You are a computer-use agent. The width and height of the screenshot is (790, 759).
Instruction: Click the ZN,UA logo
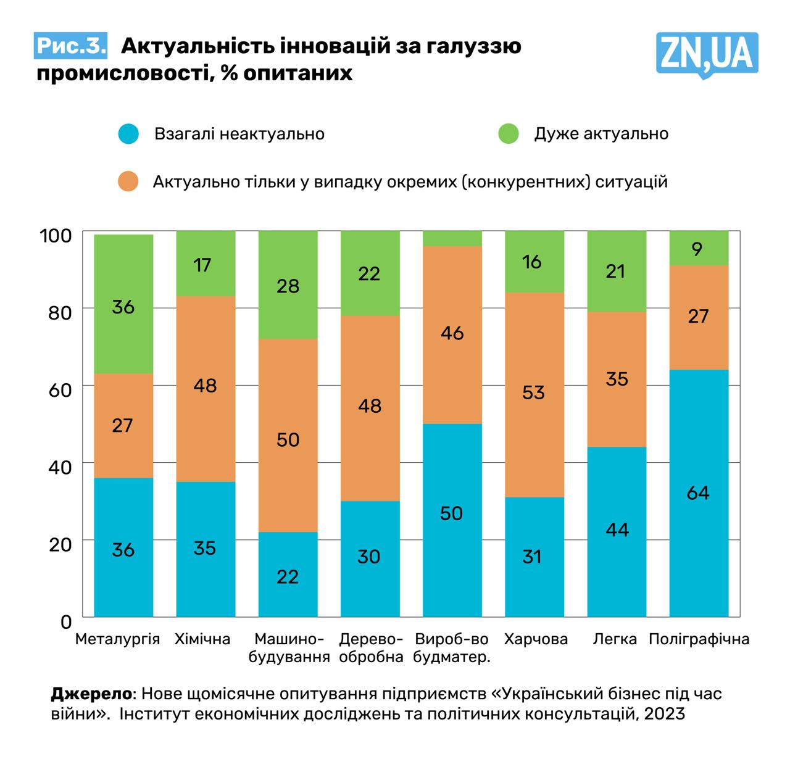click(x=707, y=54)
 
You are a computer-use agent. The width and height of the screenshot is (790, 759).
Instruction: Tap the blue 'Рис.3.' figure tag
click(x=70, y=46)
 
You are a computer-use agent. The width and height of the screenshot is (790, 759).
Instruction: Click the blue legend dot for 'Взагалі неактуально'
click(x=128, y=134)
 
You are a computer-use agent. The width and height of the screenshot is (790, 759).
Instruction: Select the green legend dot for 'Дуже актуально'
click(x=509, y=134)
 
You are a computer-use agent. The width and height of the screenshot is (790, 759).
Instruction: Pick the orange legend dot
click(x=128, y=182)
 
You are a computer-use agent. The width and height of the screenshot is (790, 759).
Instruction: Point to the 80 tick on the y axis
click(x=60, y=312)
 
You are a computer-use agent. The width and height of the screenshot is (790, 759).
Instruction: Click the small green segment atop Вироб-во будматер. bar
click(x=452, y=239)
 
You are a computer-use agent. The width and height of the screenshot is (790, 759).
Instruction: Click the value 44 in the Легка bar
click(x=617, y=529)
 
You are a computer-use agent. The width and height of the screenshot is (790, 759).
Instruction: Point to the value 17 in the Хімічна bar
click(x=202, y=265)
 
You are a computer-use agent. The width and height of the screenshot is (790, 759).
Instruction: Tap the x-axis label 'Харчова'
click(x=536, y=639)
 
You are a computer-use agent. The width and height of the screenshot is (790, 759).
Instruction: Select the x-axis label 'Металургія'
click(x=117, y=639)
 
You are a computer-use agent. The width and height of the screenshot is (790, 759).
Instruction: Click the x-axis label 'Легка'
click(x=615, y=639)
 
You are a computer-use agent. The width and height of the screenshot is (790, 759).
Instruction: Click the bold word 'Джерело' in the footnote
click(x=91, y=694)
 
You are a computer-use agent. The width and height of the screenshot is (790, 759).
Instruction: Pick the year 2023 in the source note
click(x=664, y=714)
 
